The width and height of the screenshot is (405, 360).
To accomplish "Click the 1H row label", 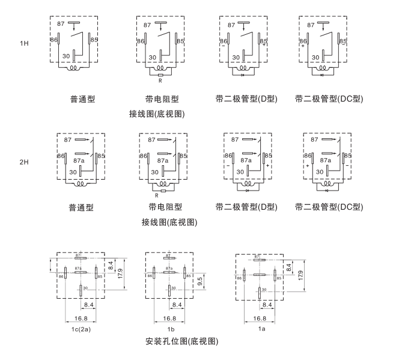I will pos(24,44).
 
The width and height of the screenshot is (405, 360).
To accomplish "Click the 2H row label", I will pos(24,162).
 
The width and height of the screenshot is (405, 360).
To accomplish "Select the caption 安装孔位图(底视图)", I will pos(182,341).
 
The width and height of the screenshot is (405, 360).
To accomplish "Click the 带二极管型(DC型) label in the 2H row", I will pos(329,207).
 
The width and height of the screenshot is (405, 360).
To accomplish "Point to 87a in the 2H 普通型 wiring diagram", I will pos(78,160).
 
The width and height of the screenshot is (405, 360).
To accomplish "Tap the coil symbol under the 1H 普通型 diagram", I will pos(75,68).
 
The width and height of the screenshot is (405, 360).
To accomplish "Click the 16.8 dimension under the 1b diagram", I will pos(169,318).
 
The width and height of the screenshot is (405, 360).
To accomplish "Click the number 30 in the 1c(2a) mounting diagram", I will pos(85,289).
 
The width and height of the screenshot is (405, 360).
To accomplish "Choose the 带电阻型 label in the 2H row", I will pos(165,207).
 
